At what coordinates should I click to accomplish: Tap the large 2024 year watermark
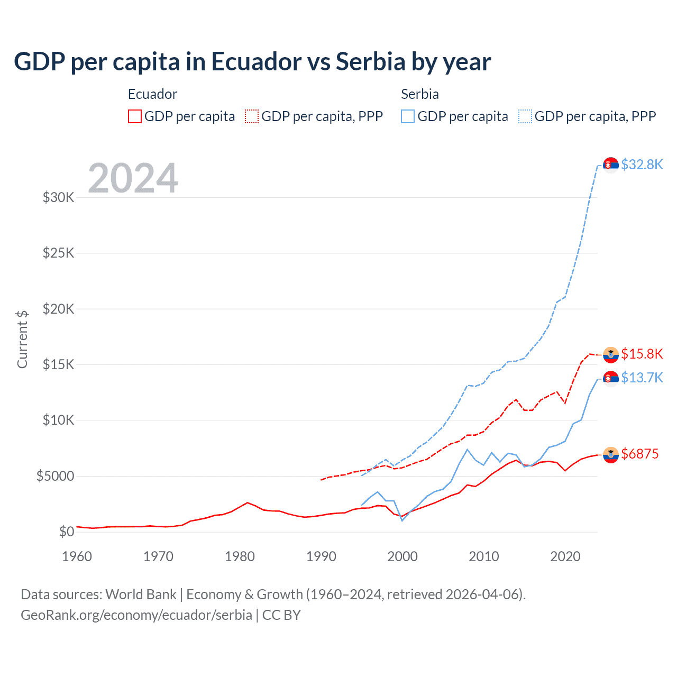(x=133, y=178)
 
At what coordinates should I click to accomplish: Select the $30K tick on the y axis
(x=58, y=198)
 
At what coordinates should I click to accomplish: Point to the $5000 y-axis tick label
(x=55, y=476)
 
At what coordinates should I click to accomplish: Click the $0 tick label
(x=66, y=532)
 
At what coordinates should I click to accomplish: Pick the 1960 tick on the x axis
(x=77, y=556)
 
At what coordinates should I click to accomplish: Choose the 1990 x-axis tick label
(x=321, y=556)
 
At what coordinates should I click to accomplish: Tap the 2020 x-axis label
(x=565, y=556)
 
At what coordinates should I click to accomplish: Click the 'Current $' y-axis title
(x=22, y=340)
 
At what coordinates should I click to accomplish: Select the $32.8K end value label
(x=642, y=164)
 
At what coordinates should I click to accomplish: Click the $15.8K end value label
(x=642, y=354)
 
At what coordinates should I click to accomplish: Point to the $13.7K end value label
(x=642, y=378)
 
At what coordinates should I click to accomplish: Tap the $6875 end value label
(x=640, y=454)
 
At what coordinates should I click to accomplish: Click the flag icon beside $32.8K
(x=611, y=165)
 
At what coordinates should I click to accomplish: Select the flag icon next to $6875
(x=611, y=455)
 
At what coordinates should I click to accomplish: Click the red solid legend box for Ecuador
(x=135, y=116)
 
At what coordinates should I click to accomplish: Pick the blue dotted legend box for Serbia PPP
(x=525, y=116)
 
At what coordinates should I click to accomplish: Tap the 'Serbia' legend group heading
(x=420, y=94)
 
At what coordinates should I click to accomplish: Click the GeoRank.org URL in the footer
(x=136, y=615)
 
